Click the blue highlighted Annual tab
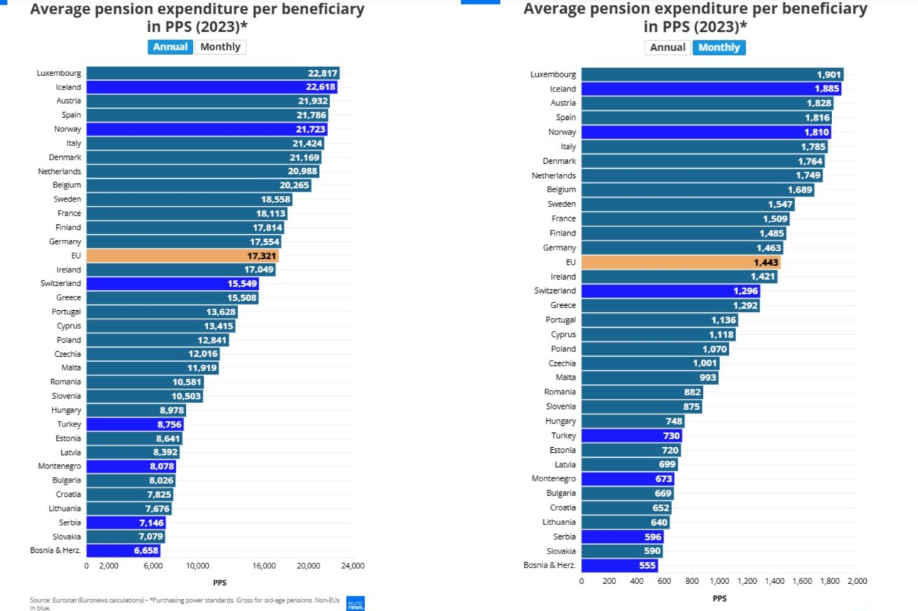click(170, 47)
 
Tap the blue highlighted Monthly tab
click(719, 48)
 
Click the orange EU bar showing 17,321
click(182, 255)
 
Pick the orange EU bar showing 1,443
click(681, 262)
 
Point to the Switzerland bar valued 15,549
click(173, 284)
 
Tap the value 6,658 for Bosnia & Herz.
click(144, 551)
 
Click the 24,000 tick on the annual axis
click(352, 566)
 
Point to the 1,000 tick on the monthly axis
click(719, 580)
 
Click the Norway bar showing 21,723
click(207, 129)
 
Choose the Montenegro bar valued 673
click(627, 479)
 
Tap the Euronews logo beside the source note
click(355, 603)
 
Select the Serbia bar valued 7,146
click(126, 522)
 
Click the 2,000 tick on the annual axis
click(108, 566)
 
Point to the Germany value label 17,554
click(266, 242)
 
